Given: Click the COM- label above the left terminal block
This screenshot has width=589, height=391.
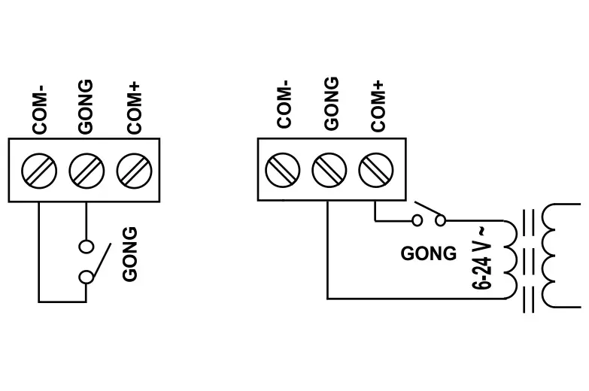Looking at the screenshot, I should tap(40, 111).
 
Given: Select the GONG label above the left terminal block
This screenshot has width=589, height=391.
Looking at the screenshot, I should tap(86, 106).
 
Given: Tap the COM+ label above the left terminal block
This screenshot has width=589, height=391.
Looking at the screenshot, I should tap(134, 109).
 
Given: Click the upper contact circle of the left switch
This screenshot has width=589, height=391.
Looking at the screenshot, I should tap(87, 245).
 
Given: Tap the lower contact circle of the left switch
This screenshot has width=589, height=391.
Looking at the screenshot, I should tap(87, 277).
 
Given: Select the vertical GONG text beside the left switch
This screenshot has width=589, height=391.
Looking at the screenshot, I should tap(130, 254).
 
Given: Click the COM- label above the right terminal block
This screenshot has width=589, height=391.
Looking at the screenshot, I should tap(284, 106).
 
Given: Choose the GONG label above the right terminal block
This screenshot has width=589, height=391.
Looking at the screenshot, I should tap(331, 103).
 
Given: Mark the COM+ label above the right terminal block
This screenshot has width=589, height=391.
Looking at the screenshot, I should tap(378, 106).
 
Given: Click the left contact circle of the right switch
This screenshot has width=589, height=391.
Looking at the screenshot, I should tap(417, 220).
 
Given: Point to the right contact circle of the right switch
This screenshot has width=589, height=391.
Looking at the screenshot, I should tap(442, 220).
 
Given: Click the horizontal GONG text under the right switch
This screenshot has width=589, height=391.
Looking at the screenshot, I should tap(428, 253).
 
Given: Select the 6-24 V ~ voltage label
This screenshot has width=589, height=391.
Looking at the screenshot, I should tap(482, 256).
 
